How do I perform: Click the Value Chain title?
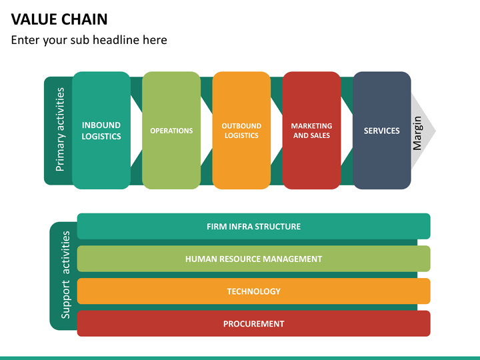click(x=59, y=19)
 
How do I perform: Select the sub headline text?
click(x=89, y=40)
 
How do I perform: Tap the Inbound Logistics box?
click(x=101, y=131)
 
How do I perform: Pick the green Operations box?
click(x=171, y=131)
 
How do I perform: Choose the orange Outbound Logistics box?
click(x=241, y=131)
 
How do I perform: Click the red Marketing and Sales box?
click(x=311, y=131)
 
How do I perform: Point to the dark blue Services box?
click(x=382, y=131)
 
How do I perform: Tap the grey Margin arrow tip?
click(x=435, y=131)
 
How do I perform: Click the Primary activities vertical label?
click(x=60, y=129)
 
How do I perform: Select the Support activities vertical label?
click(x=65, y=275)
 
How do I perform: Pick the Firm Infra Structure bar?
click(x=254, y=226)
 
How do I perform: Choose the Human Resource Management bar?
click(x=254, y=259)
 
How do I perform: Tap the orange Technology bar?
click(x=254, y=291)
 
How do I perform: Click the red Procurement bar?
click(x=254, y=323)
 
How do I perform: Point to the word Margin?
click(x=417, y=133)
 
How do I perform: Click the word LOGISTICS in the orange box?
click(x=241, y=135)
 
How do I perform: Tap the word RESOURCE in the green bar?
click(x=240, y=259)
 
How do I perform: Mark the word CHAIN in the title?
click(x=85, y=19)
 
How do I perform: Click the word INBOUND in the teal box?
click(x=101, y=125)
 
